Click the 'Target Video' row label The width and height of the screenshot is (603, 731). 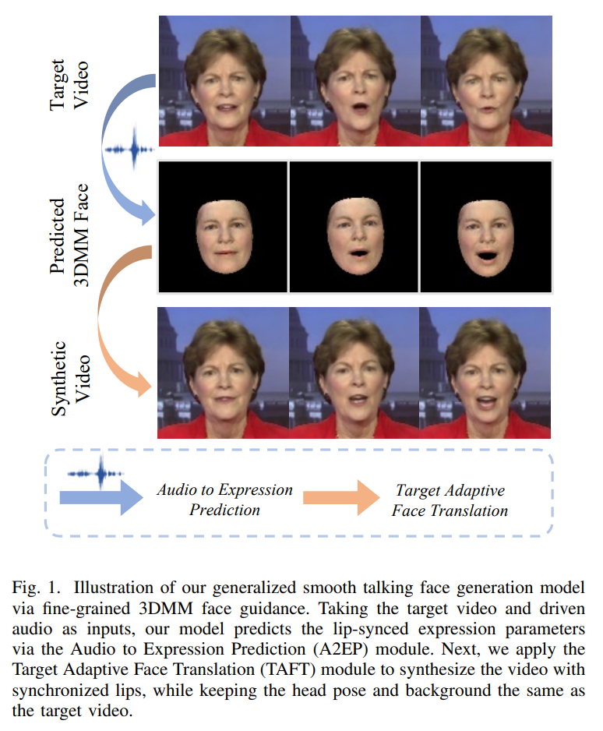click(69, 84)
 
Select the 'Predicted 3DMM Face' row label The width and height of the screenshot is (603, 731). click(69, 235)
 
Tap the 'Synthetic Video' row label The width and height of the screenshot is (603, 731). click(70, 379)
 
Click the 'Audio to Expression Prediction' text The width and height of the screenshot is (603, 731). click(224, 500)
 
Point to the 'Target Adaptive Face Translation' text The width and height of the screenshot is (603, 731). click(450, 500)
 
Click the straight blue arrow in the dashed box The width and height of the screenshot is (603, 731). click(101, 497)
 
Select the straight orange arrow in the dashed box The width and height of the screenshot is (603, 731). click(341, 497)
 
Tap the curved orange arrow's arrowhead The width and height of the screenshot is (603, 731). click(144, 385)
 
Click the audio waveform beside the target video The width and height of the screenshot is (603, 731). click(130, 149)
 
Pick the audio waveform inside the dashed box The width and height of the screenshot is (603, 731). click(97, 473)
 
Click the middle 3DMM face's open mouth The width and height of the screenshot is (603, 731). click(358, 253)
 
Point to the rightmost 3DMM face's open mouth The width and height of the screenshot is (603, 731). click(487, 256)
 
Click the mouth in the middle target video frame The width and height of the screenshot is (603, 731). click(359, 109)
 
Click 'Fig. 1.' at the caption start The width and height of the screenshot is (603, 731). click(36, 588)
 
